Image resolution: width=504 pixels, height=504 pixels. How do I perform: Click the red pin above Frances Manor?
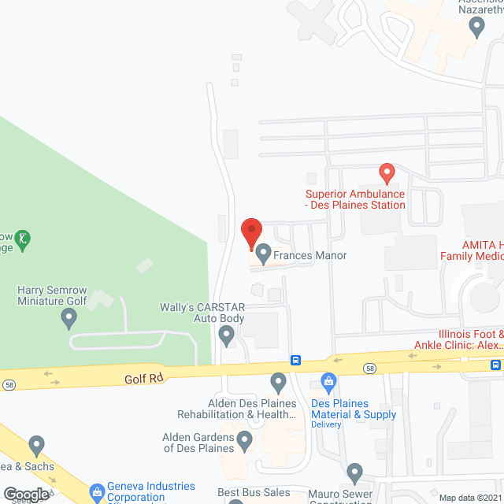250,232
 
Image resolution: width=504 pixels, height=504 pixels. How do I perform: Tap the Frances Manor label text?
310,255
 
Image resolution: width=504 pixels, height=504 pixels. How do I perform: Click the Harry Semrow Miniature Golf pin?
69,318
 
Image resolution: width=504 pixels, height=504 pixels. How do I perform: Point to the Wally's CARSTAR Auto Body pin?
227,336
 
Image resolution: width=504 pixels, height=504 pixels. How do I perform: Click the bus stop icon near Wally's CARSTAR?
295,361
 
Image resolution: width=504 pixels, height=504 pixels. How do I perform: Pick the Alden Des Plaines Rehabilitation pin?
277,383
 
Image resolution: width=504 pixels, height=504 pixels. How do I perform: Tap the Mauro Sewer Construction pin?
354,472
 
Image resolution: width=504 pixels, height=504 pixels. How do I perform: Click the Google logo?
26,494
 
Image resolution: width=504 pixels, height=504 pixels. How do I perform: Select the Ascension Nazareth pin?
476,27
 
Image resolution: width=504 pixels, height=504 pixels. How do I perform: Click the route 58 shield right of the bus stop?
369,368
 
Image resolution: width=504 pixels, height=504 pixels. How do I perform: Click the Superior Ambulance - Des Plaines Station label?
355,199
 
